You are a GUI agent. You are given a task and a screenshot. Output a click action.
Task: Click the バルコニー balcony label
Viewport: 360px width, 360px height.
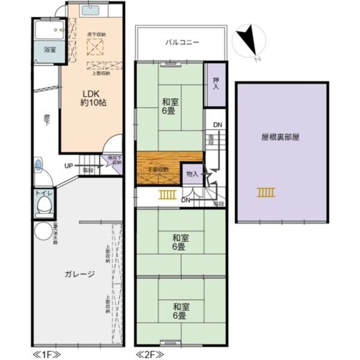pyautogui.click(x=182, y=43)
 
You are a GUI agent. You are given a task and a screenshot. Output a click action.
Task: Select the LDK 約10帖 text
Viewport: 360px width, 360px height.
pyautogui.click(x=94, y=98)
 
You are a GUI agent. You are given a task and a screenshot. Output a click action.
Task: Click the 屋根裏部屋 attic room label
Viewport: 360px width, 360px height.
pyautogui.click(x=280, y=136)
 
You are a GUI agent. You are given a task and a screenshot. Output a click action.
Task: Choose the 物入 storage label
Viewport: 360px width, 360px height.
pyautogui.click(x=192, y=173)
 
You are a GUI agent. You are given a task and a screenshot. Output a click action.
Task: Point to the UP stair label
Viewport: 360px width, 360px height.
pyautogui.click(x=70, y=166)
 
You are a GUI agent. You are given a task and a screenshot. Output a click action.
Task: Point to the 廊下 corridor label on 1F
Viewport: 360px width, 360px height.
pyautogui.click(x=46, y=120)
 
